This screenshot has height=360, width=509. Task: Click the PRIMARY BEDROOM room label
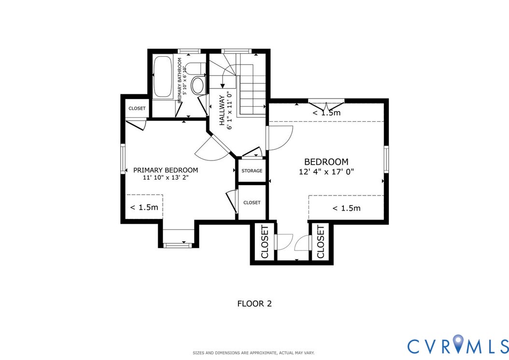click(166, 170)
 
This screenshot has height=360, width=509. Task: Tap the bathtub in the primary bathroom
click(163, 77)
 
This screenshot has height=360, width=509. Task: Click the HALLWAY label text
click(222, 111)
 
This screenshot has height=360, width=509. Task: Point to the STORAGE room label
click(252, 171)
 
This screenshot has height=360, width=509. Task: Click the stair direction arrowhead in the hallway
click(222, 86)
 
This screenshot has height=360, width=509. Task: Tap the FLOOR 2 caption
click(254, 304)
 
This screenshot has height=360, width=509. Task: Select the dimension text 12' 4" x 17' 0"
click(326, 172)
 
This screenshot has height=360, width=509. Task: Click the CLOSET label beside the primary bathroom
click(137, 109)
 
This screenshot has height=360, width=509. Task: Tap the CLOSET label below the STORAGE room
click(252, 202)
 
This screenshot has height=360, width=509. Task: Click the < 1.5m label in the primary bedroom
click(144, 207)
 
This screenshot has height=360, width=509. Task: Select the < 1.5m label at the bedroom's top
click(326, 113)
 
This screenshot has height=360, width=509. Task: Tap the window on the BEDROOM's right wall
click(386, 159)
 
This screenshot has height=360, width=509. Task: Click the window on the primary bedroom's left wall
click(123, 159)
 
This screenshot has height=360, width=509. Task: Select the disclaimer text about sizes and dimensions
click(254, 353)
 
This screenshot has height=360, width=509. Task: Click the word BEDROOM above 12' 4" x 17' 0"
click(326, 162)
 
